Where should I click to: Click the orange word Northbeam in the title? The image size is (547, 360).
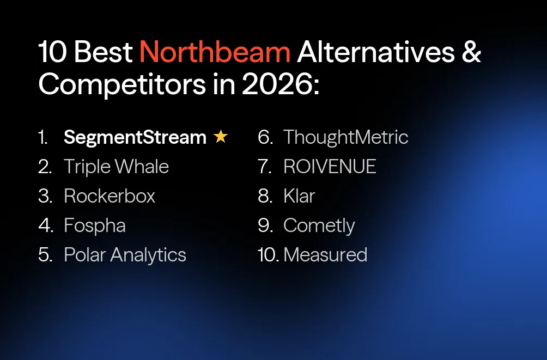[215, 52]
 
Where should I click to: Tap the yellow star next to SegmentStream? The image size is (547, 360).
[221, 137]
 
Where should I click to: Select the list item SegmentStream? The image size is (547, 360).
[135, 137]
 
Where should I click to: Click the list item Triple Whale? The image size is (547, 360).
[116, 167]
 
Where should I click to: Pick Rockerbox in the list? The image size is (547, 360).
[110, 196]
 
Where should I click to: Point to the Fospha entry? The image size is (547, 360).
[95, 225]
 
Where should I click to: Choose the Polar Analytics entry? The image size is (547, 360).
[125, 255]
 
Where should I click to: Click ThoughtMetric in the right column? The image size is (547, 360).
[345, 137]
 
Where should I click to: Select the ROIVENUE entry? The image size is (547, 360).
[330, 167]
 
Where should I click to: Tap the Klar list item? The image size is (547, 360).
[299, 196]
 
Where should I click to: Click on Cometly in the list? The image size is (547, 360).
[319, 225]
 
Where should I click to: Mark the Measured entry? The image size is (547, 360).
[325, 255]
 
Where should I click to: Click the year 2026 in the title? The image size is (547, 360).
[277, 85]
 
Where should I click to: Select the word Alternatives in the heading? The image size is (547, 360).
[376, 52]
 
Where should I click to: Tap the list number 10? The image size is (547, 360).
[268, 255]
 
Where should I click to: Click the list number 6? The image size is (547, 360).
[265, 137]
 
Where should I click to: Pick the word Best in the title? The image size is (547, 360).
[104, 52]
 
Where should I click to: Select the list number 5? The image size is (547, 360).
[45, 255]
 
